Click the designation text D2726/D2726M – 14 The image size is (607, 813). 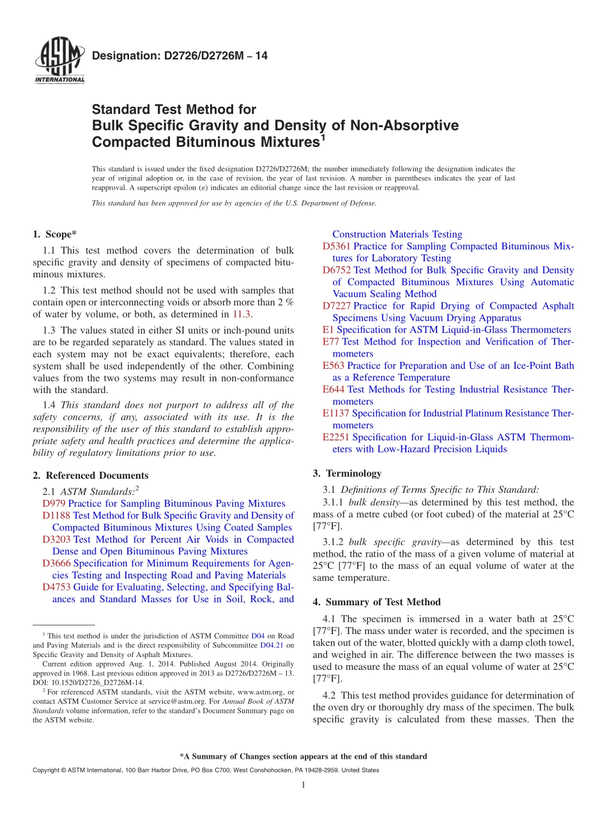point(180,56)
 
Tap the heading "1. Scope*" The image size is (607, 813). point(56,234)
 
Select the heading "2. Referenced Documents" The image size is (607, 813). point(90,476)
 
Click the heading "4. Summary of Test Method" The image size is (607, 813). point(376,602)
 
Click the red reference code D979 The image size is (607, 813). point(54,504)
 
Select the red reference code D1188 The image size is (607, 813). point(56,515)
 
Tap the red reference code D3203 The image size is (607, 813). point(56,539)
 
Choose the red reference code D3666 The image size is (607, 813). point(56,563)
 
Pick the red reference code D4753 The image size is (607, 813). point(56,587)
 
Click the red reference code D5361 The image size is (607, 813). point(336,246)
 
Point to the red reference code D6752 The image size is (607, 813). point(336,270)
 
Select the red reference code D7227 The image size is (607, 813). point(336,306)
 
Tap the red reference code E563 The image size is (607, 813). point(334,366)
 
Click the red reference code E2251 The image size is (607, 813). point(336,437)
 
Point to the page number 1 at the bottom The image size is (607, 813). point(303,786)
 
